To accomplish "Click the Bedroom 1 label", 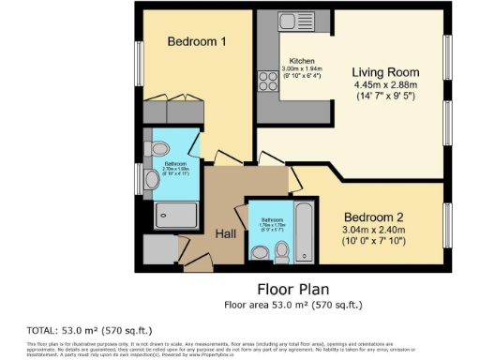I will (196, 41).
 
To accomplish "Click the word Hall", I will (226, 233).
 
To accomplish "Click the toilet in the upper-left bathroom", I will (158, 147).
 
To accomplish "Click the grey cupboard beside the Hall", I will (160, 250).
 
